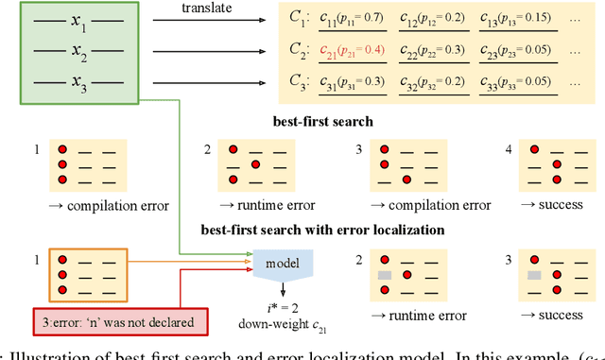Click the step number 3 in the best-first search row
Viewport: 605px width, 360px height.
(359, 149)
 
